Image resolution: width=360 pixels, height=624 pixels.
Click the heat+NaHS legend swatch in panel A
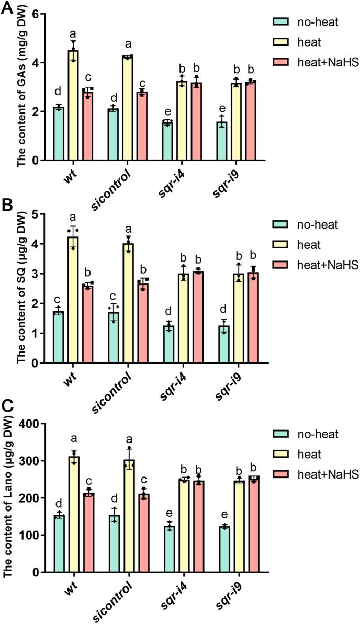coord(280,63)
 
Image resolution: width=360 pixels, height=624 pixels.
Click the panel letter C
coord(7,409)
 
